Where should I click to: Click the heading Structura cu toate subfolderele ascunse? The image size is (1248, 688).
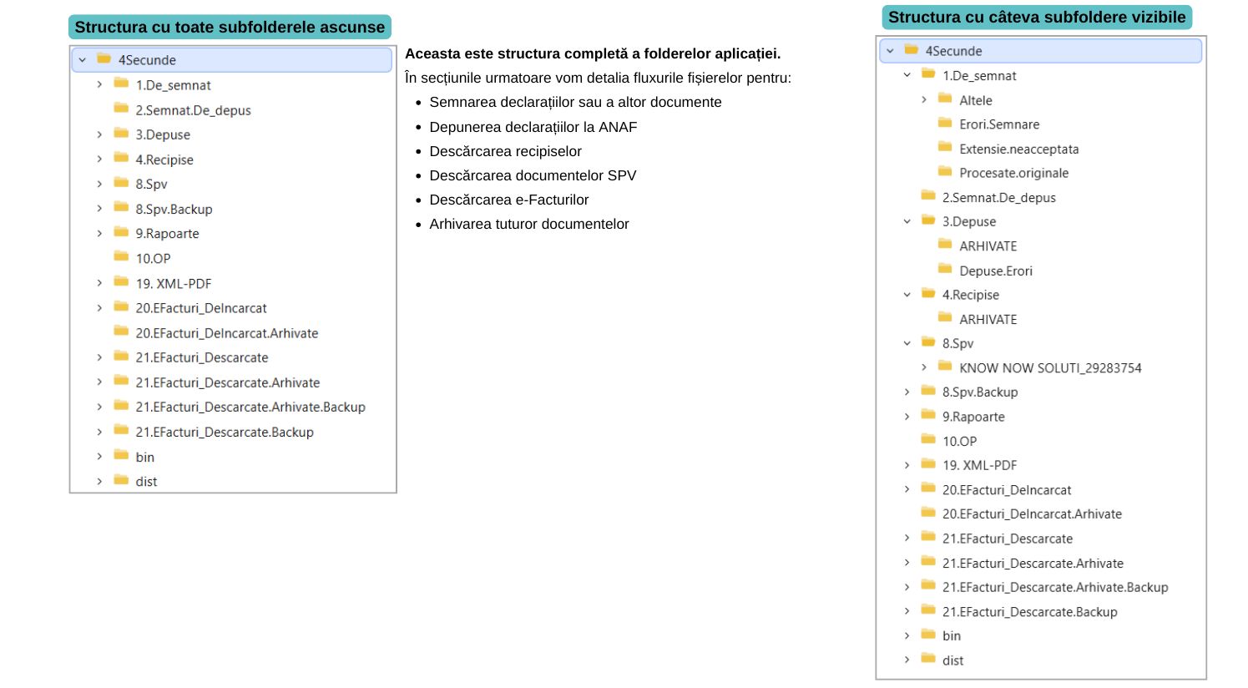pos(230,27)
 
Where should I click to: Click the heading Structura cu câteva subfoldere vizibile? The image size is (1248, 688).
pos(1036,18)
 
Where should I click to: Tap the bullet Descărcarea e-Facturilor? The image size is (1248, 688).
pos(508,200)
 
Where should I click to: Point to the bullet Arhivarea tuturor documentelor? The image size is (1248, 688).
pos(528,224)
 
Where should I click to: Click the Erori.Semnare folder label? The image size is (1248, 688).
pos(998,124)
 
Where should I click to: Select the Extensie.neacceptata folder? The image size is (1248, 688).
pos(1018,149)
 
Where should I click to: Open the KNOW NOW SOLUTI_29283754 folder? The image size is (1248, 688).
pos(1049,367)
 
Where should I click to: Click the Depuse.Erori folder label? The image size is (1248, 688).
pos(995,271)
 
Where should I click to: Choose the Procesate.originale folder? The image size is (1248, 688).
pos(1013,173)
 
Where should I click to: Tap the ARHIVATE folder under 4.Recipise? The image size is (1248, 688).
pos(988,319)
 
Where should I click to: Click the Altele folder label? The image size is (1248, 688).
pos(975,100)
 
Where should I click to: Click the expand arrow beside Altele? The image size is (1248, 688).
pos(924,100)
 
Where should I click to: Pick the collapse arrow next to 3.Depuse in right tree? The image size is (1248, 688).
pos(907,221)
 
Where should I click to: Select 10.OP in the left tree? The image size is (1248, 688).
pos(153,259)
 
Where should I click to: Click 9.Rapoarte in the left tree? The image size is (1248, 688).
pos(167,234)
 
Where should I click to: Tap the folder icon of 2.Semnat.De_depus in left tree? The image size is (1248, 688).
pos(121,109)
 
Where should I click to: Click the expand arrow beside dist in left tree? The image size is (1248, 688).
pos(99,481)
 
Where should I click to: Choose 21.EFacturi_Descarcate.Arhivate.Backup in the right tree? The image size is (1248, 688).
pos(1054,587)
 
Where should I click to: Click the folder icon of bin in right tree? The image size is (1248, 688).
pos(928,635)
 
